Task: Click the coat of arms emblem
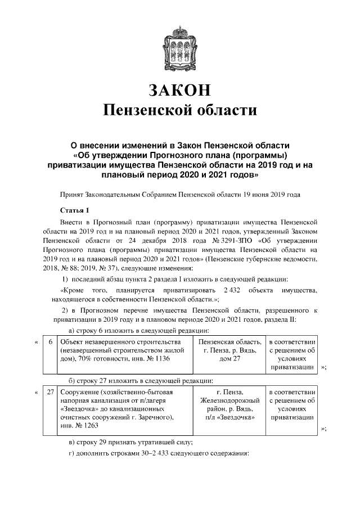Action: [180, 44]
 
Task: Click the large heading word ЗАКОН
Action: [180, 90]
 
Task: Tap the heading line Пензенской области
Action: [180, 110]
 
